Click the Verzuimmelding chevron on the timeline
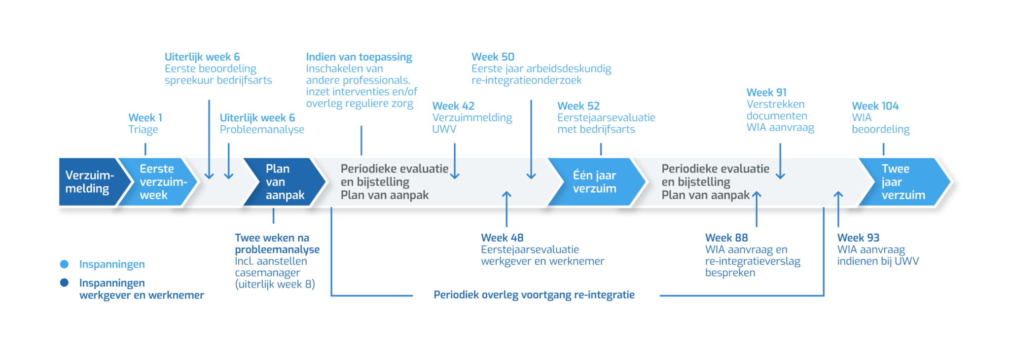point(89,182)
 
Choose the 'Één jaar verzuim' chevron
point(595,182)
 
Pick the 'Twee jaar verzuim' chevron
point(902,182)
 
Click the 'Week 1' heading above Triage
point(145,118)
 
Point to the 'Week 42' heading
point(453,106)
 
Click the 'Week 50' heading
point(493,57)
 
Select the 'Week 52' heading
point(578,106)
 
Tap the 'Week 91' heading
point(766,93)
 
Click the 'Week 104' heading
point(875,106)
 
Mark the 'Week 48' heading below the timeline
point(502,238)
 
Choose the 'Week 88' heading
point(726,238)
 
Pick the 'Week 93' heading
point(858,238)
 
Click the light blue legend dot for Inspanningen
point(64,264)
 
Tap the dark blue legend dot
point(64,283)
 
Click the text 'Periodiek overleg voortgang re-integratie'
point(534,295)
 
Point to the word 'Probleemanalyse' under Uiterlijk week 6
point(262,130)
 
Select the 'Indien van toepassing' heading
point(359,57)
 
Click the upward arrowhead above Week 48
point(506,195)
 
